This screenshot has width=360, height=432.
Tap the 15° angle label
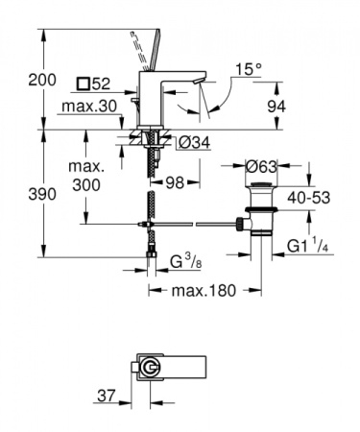click(x=249, y=69)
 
